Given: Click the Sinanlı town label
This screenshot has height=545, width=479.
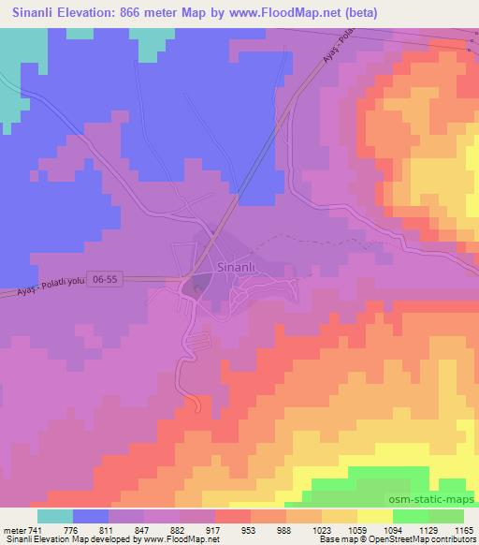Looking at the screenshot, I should pos(235,266).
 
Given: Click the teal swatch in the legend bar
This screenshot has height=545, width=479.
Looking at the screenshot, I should pos(55,515).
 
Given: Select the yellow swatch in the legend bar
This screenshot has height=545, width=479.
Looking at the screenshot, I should pos(375,515).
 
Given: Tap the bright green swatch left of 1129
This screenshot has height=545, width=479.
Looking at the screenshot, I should pos(411,515).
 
